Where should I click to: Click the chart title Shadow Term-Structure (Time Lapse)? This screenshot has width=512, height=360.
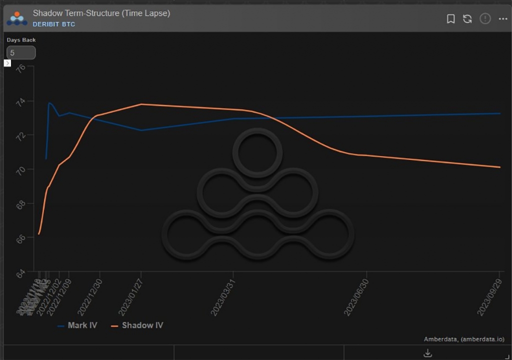101,13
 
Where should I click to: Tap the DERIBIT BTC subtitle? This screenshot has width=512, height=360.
54,24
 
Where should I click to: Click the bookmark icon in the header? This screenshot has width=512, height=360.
450,18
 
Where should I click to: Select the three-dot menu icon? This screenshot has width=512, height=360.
502,18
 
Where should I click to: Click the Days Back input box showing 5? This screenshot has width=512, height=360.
20,52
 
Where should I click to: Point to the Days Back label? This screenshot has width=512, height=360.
21,40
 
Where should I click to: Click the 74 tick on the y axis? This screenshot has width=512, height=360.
21,101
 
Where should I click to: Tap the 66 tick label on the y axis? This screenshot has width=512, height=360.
21,238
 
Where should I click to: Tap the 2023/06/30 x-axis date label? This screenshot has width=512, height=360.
357,295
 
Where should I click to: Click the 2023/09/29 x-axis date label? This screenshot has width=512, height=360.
490,295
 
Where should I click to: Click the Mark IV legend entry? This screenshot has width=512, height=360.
77,325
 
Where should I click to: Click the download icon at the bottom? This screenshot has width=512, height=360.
427,353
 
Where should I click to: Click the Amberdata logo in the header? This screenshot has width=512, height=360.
16,18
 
